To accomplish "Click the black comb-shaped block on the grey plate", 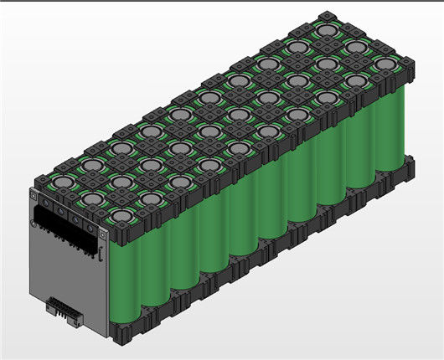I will [x=67, y=230].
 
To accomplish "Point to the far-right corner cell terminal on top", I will [x=384, y=64].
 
